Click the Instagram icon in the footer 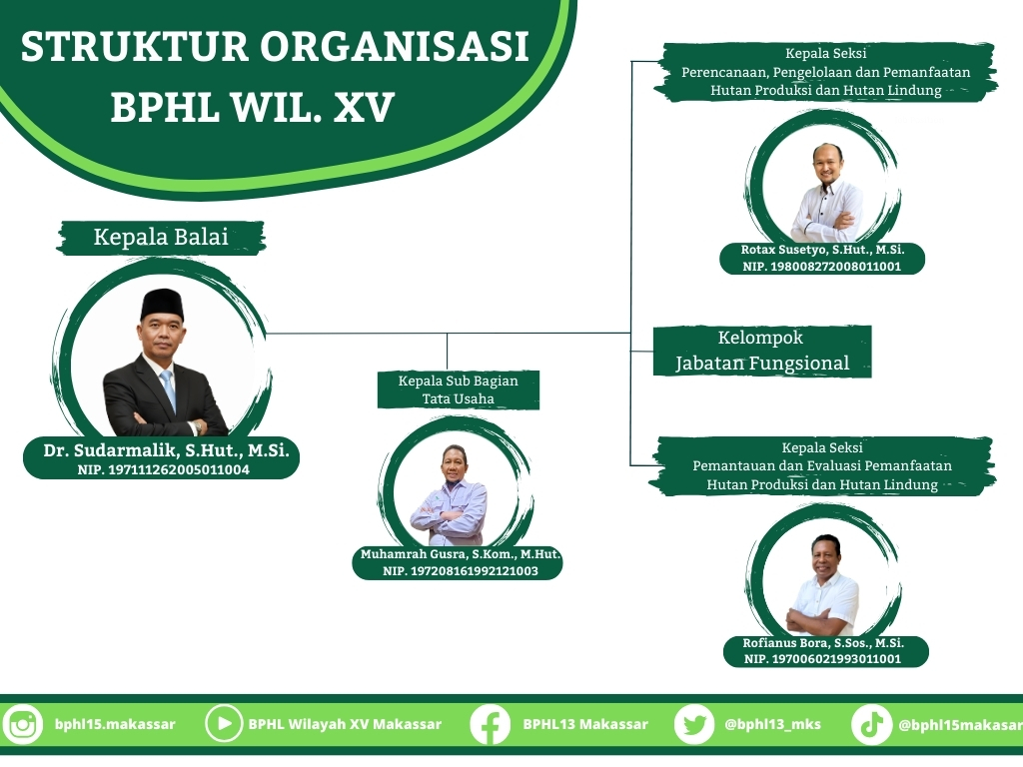pyautogui.click(x=22, y=725)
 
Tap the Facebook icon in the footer pyautogui.click(x=490, y=725)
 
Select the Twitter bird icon pyautogui.click(x=694, y=725)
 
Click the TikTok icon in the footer pyautogui.click(x=871, y=725)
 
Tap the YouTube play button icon pyautogui.click(x=224, y=724)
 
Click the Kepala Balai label pyautogui.click(x=161, y=238)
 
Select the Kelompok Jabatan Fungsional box pyautogui.click(x=762, y=351)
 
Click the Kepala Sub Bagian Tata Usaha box pyautogui.click(x=458, y=389)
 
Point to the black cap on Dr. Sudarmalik pyautogui.click(x=162, y=304)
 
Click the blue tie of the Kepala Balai pyautogui.click(x=168, y=389)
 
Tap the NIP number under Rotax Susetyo pyautogui.click(x=821, y=266)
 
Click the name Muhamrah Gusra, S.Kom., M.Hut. pyautogui.click(x=460, y=554)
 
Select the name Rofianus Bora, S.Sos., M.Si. pyautogui.click(x=823, y=643)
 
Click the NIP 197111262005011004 pyautogui.click(x=163, y=469)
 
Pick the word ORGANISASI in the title pyautogui.click(x=394, y=46)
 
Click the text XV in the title pyautogui.click(x=364, y=107)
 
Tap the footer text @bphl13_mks pyautogui.click(x=772, y=724)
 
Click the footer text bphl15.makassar pyautogui.click(x=115, y=725)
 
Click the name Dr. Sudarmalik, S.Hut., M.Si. pyautogui.click(x=167, y=450)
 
